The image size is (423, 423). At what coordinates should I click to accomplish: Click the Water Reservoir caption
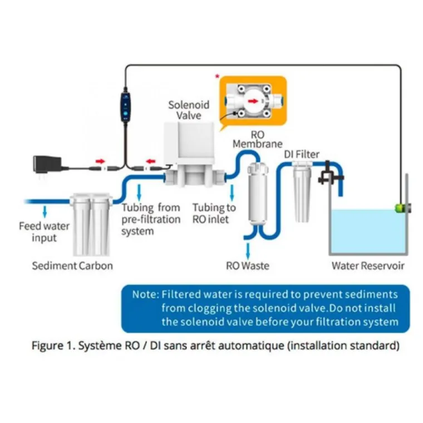point(368,265)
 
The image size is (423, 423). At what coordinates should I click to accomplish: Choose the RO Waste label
point(247,265)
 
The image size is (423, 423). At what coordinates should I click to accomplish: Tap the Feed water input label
point(44,232)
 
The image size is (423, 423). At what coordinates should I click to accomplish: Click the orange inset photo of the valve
point(253,102)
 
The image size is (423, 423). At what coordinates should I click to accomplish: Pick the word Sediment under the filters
point(53,265)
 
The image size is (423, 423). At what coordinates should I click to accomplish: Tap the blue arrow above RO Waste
point(245,247)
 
